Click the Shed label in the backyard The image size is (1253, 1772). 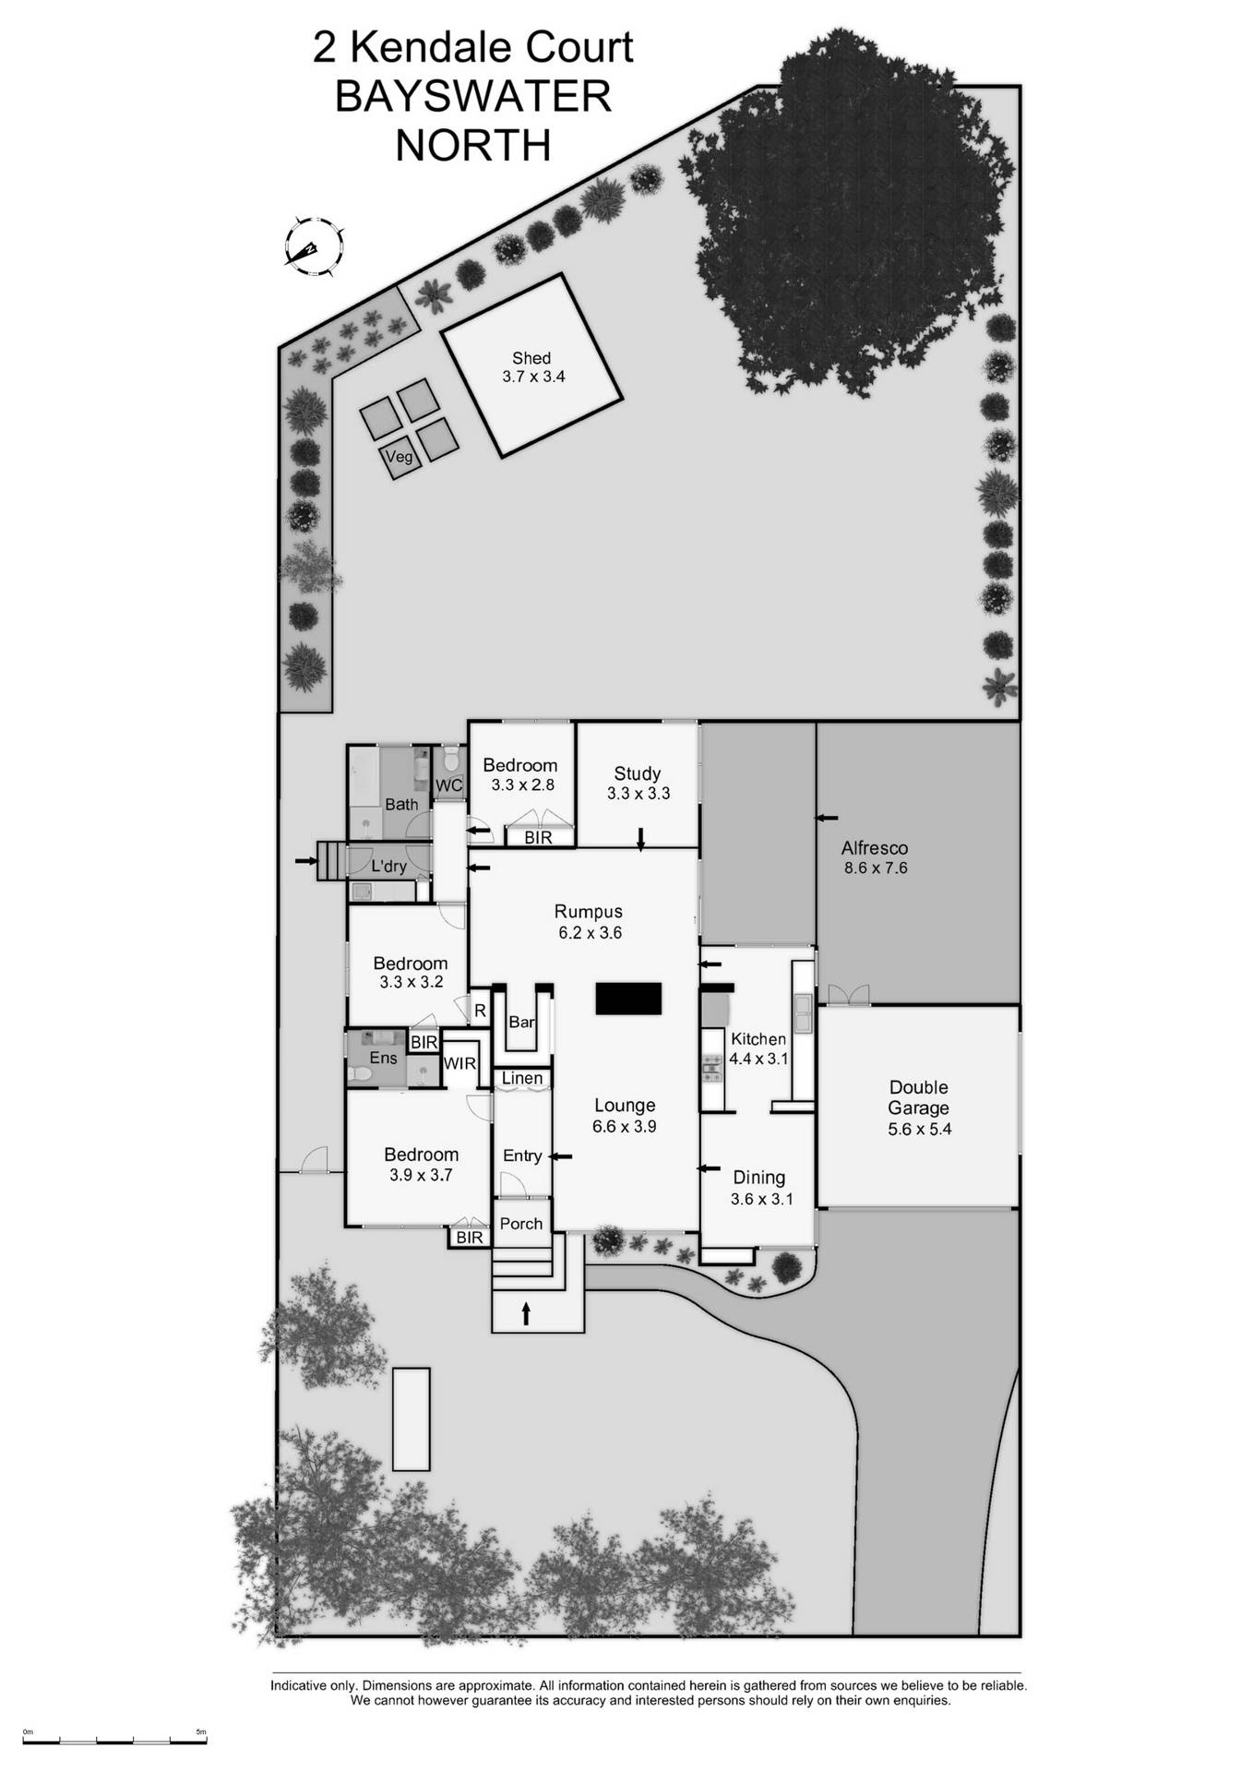tap(531, 358)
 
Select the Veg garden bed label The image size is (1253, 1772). tap(399, 457)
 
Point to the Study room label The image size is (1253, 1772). tap(637, 773)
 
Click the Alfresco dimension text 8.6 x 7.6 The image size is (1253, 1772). tap(876, 868)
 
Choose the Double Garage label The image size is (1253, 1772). tap(918, 1097)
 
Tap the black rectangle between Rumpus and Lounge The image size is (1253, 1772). tap(628, 999)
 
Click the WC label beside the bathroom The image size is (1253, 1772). tap(448, 785)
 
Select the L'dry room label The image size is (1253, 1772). tap(388, 867)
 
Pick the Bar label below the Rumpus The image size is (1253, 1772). tap(521, 1022)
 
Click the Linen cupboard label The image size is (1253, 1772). tap(522, 1079)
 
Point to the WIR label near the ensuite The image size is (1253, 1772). tap(459, 1063)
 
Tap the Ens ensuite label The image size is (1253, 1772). tap(383, 1058)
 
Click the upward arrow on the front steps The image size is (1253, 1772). tap(527, 1312)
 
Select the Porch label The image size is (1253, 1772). tap(521, 1223)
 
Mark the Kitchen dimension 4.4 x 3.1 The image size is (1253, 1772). tap(758, 1059)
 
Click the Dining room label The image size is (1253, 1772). tap(758, 1177)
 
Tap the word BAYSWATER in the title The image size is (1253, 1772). tap(472, 97)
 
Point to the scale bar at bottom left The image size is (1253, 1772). tap(114, 1741)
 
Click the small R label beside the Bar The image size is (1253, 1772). tap(480, 1012)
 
